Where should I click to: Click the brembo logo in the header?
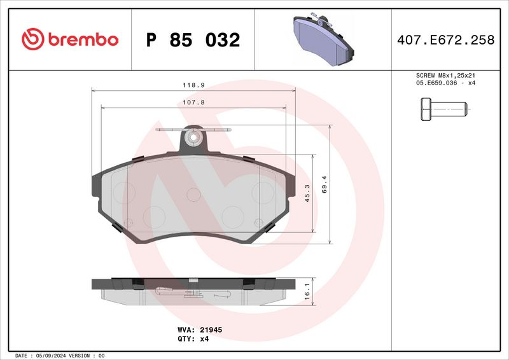pyautogui.click(x=70, y=39)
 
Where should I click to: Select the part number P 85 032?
pyautogui.click(x=193, y=40)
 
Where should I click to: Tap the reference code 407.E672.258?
pyautogui.click(x=445, y=40)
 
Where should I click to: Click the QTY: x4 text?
pyautogui.click(x=191, y=339)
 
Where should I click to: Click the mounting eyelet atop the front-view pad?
pyautogui.click(x=192, y=137)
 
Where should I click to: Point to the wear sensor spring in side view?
pyautogui.click(x=191, y=293)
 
